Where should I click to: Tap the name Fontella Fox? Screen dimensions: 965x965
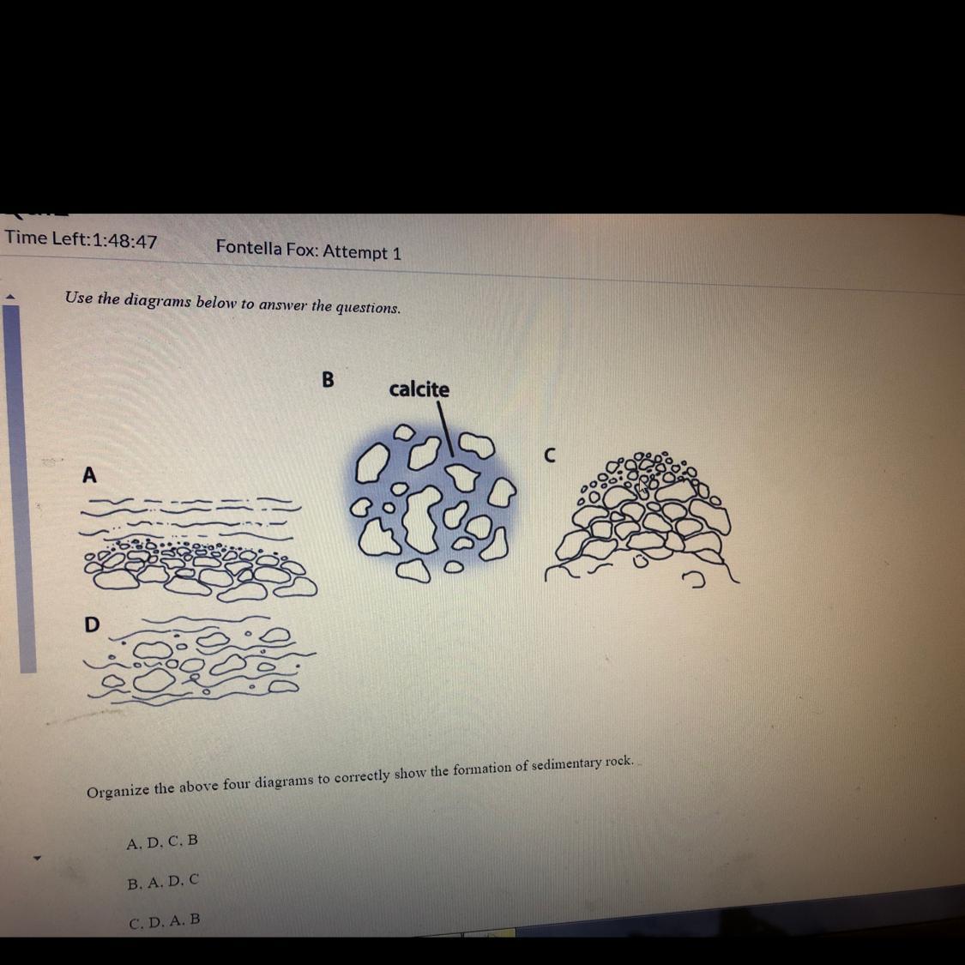coord(266,248)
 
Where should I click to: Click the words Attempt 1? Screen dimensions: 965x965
coord(362,251)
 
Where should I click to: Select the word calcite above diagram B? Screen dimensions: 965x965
coord(419,389)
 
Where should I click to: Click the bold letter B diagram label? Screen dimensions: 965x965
coord(328,379)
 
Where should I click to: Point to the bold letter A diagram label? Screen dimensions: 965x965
coord(90,475)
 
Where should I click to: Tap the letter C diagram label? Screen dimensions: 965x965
coord(550,455)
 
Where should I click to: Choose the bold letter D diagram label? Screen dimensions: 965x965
coord(91,624)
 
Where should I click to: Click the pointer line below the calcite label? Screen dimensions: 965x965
coord(445,429)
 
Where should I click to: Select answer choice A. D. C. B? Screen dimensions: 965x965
coord(162,841)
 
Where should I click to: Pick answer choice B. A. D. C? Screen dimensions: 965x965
coord(163,882)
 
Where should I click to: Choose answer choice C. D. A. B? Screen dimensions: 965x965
coord(165,921)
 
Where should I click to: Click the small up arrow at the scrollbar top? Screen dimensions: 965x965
coord(9,297)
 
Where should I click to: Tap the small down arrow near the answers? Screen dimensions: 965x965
coord(36,857)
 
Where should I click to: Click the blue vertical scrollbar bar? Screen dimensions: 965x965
coord(20,489)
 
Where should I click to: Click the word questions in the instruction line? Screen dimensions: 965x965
coord(368,307)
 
